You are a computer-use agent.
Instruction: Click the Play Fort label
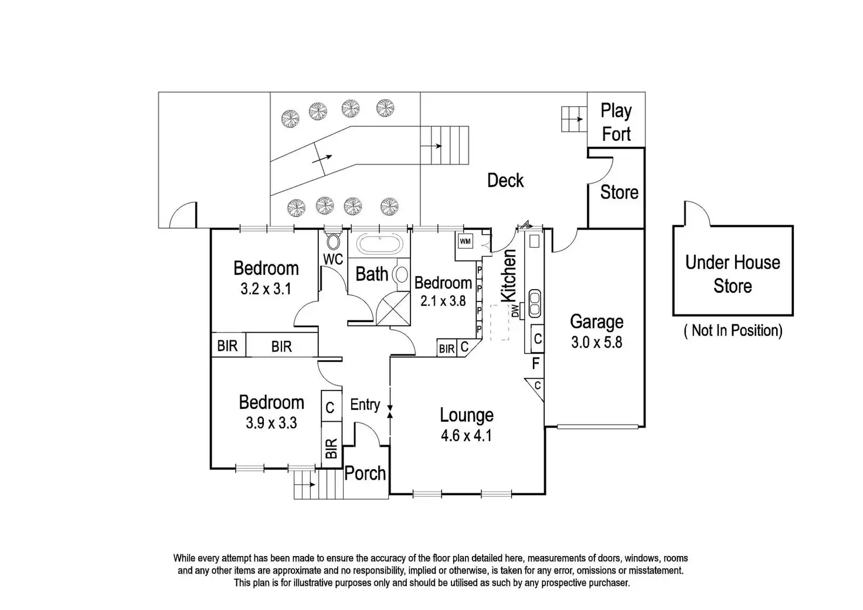[616, 123]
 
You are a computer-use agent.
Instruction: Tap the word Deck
[505, 180]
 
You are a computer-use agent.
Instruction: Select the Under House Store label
[732, 274]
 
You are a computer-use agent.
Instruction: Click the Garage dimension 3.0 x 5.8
[596, 342]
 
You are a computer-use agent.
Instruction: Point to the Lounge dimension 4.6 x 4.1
[466, 435]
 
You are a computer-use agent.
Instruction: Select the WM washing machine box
[465, 242]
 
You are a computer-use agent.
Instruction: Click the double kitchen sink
[534, 303]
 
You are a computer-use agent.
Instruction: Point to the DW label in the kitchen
[515, 311]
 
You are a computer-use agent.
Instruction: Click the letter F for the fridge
[535, 364]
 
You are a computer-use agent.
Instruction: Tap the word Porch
[365, 473]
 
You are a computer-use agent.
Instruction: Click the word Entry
[365, 405]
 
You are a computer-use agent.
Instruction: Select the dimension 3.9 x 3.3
[271, 423]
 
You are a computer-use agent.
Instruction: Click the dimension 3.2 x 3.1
[266, 289]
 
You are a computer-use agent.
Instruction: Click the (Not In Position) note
[733, 331]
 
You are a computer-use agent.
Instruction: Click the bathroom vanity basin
[401, 274]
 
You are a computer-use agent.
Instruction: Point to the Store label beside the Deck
[619, 192]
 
